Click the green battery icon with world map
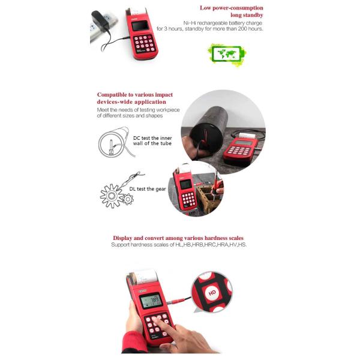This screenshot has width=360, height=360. pos(225,55)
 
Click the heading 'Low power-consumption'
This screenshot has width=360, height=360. pos(230,8)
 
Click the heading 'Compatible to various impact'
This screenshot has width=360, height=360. pos(135,95)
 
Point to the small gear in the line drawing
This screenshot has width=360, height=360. pos(128,199)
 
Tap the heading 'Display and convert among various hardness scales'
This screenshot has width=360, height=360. pos(178,238)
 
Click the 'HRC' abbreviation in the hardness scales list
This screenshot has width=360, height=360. pos(205,245)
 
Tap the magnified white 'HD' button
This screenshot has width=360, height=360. pos(211,293)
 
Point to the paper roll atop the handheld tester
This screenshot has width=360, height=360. pos(140,278)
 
